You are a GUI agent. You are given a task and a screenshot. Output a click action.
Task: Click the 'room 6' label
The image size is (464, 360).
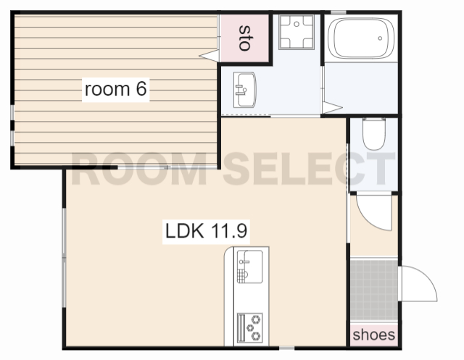click(116, 89)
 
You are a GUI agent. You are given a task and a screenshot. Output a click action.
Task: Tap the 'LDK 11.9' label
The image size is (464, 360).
click(206, 231)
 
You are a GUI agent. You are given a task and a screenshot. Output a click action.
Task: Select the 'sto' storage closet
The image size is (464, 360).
click(244, 38)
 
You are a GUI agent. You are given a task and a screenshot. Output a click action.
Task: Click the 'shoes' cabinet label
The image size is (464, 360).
click(374, 335)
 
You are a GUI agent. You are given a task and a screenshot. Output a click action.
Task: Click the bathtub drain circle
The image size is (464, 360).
click(380, 38)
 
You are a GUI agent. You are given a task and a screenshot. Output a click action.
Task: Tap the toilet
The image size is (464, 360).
click(374, 133)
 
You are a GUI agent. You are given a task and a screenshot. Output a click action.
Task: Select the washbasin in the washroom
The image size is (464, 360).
click(245, 90)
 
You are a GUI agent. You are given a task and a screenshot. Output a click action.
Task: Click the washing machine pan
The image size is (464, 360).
click(297, 32)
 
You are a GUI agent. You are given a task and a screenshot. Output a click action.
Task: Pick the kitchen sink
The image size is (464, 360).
click(249, 267)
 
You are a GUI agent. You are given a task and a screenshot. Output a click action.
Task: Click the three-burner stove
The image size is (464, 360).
click(249, 327)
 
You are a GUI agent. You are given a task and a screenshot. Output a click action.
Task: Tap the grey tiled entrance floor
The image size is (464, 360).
click(374, 289)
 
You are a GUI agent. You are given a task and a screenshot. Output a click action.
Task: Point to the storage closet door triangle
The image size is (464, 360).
click(209, 56)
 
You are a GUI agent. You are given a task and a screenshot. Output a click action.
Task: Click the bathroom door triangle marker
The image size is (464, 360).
click(333, 107)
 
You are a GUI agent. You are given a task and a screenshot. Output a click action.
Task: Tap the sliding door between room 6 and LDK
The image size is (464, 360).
click(167, 167)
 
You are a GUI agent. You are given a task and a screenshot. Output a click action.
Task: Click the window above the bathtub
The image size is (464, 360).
click(339, 12)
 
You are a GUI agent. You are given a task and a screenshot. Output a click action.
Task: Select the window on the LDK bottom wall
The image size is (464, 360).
click(287, 348)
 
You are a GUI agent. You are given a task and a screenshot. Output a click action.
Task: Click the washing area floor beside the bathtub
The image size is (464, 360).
click(361, 88)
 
